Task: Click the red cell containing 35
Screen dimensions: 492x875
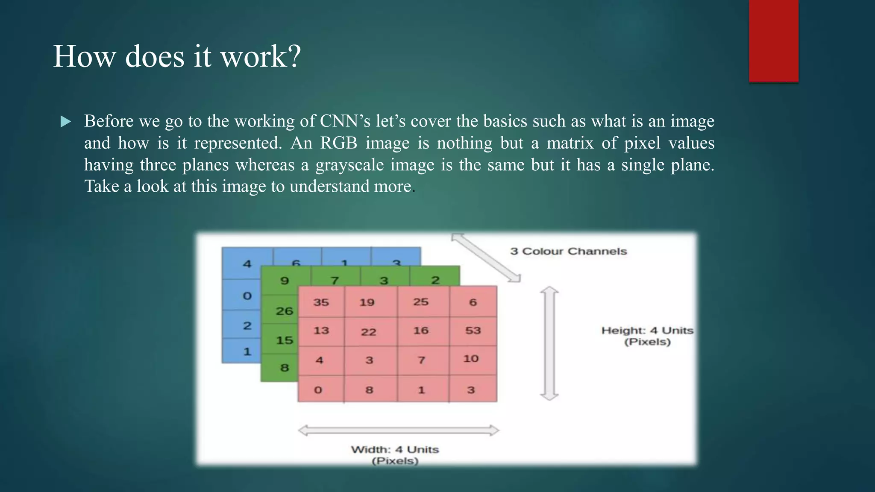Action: tap(321, 302)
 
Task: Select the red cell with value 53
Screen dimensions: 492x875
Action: tap(473, 331)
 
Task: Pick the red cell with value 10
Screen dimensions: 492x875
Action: tap(472, 359)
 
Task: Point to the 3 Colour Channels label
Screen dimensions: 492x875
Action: tap(568, 251)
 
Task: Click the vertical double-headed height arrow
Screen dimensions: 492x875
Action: tap(549, 343)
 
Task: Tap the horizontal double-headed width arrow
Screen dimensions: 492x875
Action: tap(398, 430)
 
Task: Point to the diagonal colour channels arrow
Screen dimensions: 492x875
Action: tap(486, 258)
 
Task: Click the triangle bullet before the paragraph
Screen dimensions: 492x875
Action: tap(66, 122)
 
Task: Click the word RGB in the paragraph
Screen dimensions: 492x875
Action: tap(338, 143)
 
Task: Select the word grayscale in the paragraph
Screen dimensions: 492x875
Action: tap(349, 165)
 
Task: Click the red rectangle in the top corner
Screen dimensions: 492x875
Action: tap(773, 41)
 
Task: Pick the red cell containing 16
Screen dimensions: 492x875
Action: tap(421, 331)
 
